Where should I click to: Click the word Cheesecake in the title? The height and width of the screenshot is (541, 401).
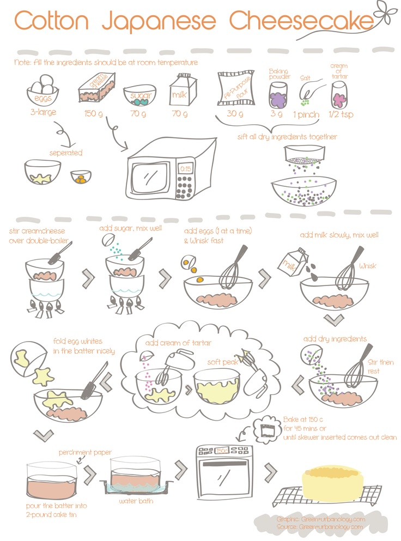302,21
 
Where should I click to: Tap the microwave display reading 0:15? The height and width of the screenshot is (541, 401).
186,169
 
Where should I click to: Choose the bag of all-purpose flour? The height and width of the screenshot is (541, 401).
237,88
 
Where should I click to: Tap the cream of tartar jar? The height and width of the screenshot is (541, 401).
339,95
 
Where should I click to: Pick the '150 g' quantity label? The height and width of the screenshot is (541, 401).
93,113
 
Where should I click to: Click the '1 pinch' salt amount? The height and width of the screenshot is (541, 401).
306,114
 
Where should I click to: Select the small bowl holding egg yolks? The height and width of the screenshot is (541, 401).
81,177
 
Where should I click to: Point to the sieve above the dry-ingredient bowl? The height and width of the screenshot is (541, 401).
305,155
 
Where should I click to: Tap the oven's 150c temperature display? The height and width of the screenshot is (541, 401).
221,451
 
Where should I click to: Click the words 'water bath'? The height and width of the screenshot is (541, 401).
136,501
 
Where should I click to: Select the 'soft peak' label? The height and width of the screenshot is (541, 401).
223,362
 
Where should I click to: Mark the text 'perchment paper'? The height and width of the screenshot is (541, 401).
85,452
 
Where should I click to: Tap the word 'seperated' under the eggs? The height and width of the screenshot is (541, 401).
66,153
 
